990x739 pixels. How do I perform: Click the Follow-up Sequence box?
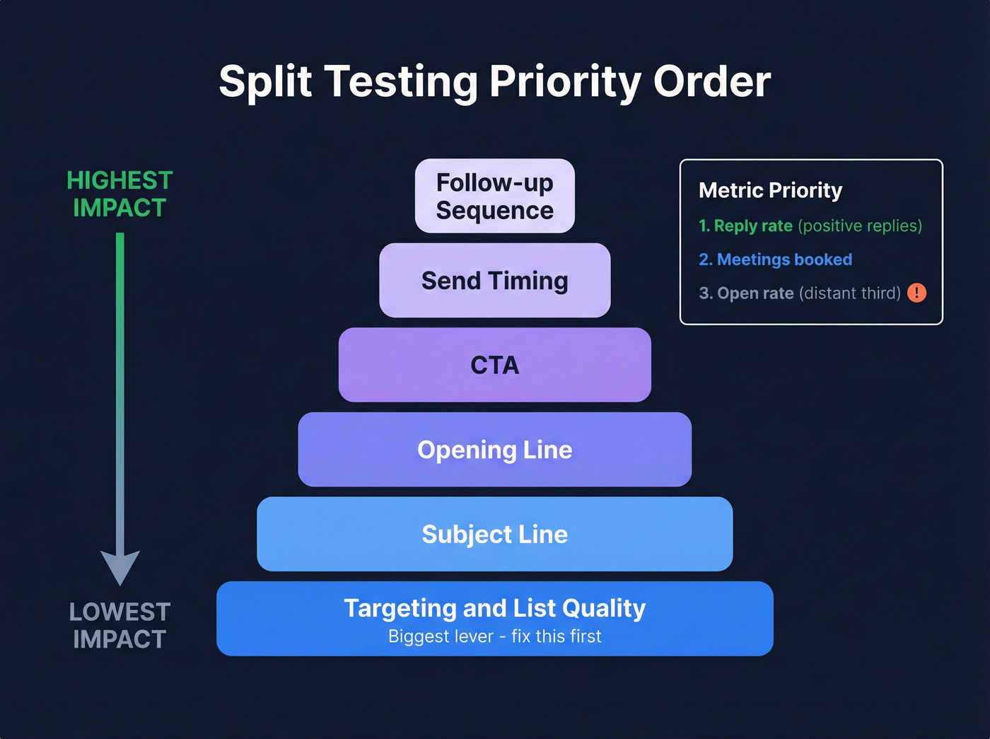(x=494, y=196)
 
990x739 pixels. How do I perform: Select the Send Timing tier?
(x=494, y=281)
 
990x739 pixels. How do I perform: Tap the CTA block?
(x=494, y=365)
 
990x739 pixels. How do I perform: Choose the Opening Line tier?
(x=494, y=450)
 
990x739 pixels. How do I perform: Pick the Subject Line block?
(x=494, y=534)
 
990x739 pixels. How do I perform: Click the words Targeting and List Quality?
(x=494, y=608)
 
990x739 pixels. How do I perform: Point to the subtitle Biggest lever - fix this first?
(x=494, y=636)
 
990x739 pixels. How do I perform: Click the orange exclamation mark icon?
(x=916, y=293)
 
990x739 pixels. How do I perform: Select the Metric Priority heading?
(x=770, y=190)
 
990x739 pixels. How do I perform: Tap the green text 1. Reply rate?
(x=745, y=226)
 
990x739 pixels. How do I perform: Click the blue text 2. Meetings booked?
(x=775, y=260)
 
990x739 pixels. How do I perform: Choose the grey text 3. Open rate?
(x=746, y=293)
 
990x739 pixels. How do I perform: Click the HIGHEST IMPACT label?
(x=120, y=194)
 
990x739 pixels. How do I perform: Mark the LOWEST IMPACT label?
(x=120, y=625)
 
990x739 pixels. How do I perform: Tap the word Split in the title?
(x=265, y=81)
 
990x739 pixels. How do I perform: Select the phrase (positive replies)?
(x=860, y=226)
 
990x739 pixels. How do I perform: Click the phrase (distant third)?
(x=849, y=293)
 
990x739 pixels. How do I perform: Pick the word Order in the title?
(x=711, y=81)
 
